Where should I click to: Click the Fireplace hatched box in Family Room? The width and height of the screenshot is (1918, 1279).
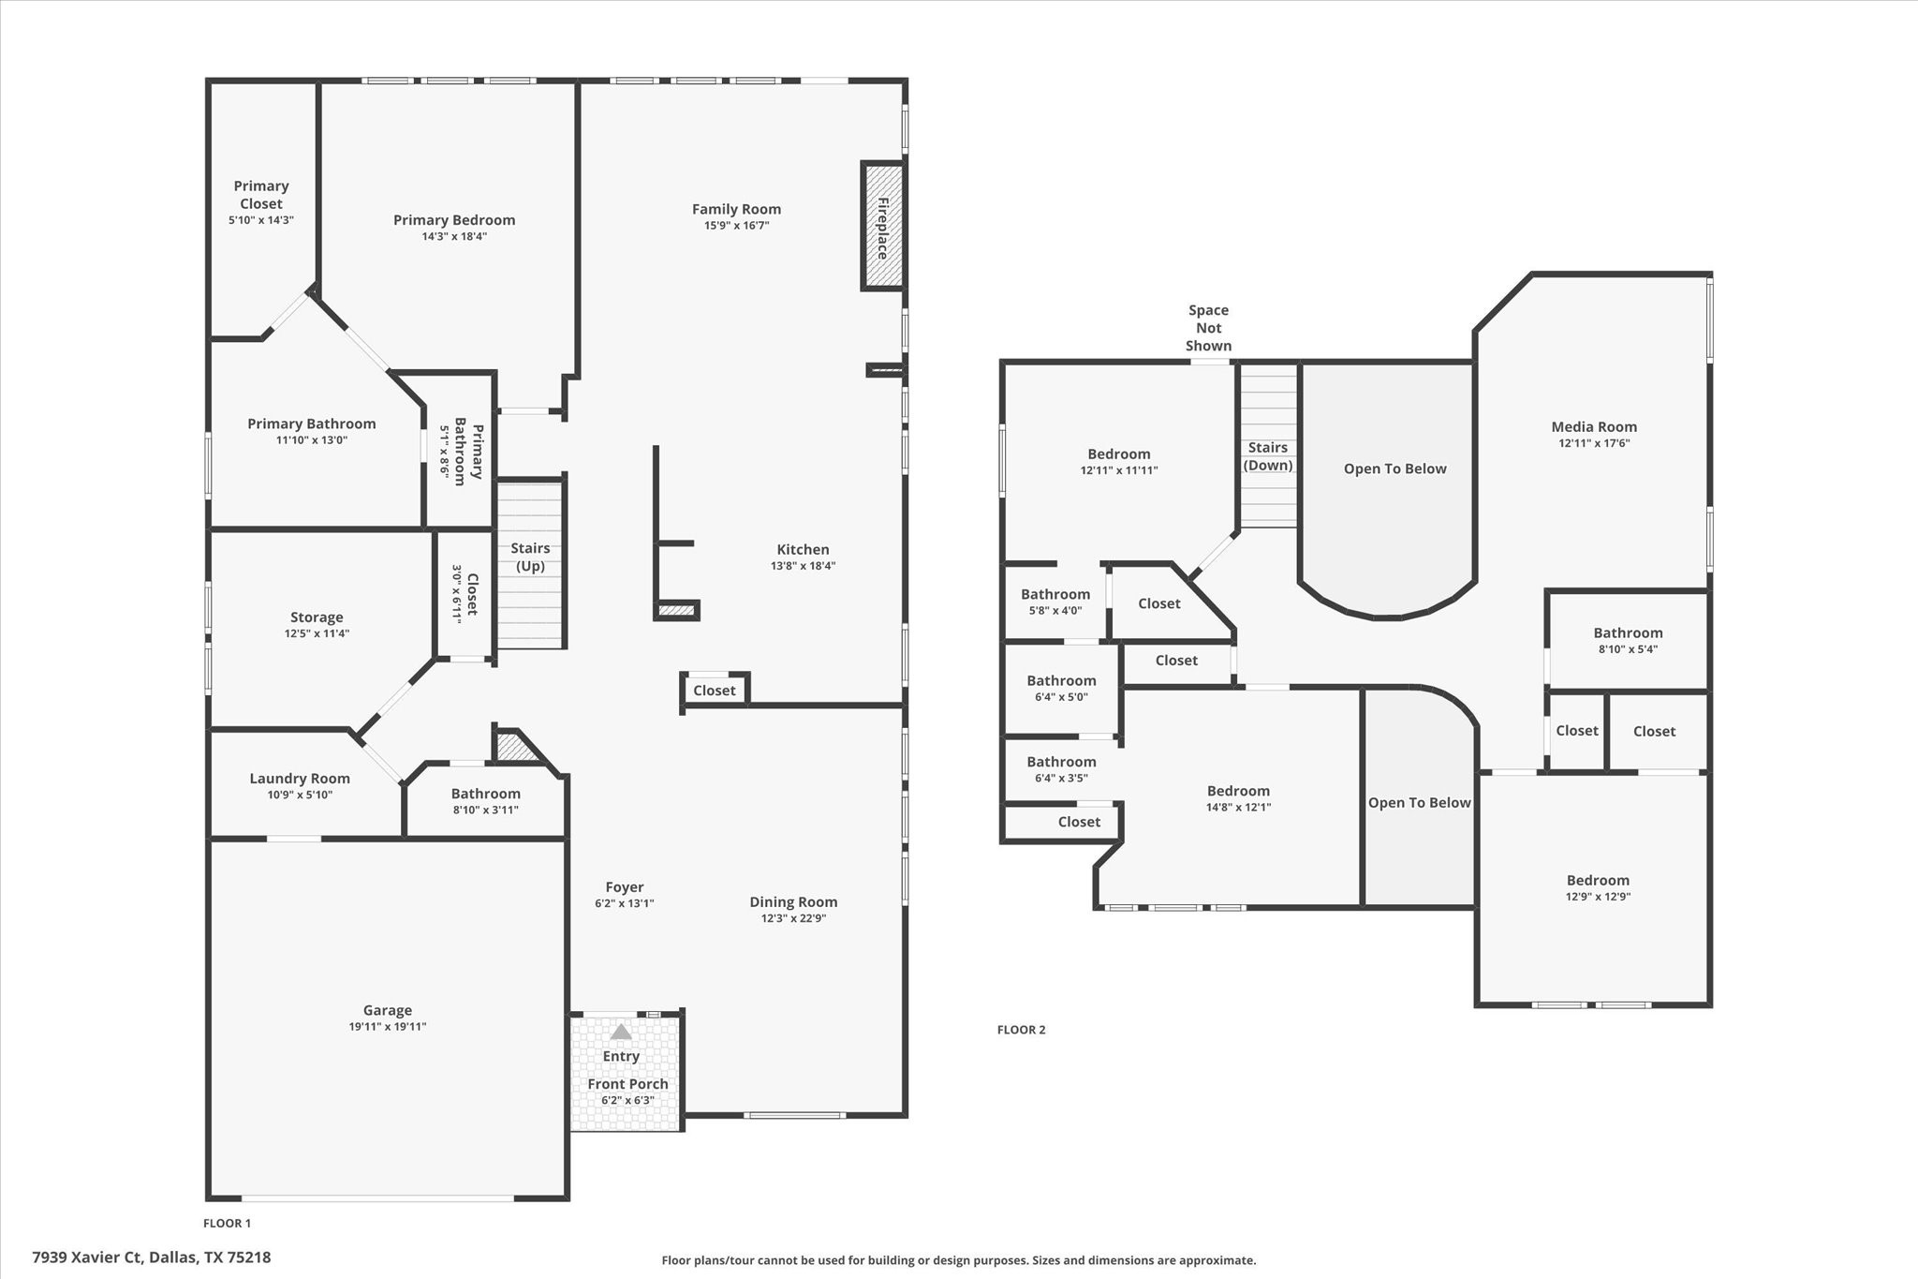coord(882,226)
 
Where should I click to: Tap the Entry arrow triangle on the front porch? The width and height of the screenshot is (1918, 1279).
coord(621,1032)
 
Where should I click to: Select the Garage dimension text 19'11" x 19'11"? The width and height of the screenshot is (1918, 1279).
coord(387,1026)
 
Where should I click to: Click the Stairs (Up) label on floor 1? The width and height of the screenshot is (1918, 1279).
coord(530,557)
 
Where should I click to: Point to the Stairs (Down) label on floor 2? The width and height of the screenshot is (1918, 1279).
coord(1268,456)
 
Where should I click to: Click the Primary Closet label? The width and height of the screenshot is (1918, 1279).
coord(260,195)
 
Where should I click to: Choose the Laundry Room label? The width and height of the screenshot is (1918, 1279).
coord(300,778)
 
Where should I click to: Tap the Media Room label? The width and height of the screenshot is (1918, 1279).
coord(1594,426)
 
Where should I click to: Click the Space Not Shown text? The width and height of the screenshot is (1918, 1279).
coord(1208,328)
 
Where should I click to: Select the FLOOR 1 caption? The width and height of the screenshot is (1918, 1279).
coord(227,1223)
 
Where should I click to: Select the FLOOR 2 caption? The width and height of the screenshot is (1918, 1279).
coord(1021,1029)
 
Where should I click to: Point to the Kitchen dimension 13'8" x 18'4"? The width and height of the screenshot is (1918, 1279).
coord(803,566)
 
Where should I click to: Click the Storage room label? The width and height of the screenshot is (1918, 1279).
coord(317,617)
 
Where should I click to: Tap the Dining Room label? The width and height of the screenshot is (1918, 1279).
coord(792,901)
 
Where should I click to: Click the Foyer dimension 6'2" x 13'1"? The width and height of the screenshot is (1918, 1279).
coord(624,903)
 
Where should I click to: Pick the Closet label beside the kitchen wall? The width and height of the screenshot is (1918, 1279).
coord(714,691)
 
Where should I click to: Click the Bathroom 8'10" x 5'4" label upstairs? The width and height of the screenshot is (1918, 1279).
coord(1628,632)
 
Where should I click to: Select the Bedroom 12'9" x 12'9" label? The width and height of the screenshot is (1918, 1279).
coord(1598,880)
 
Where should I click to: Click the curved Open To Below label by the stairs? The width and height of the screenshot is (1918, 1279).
coord(1394,468)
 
